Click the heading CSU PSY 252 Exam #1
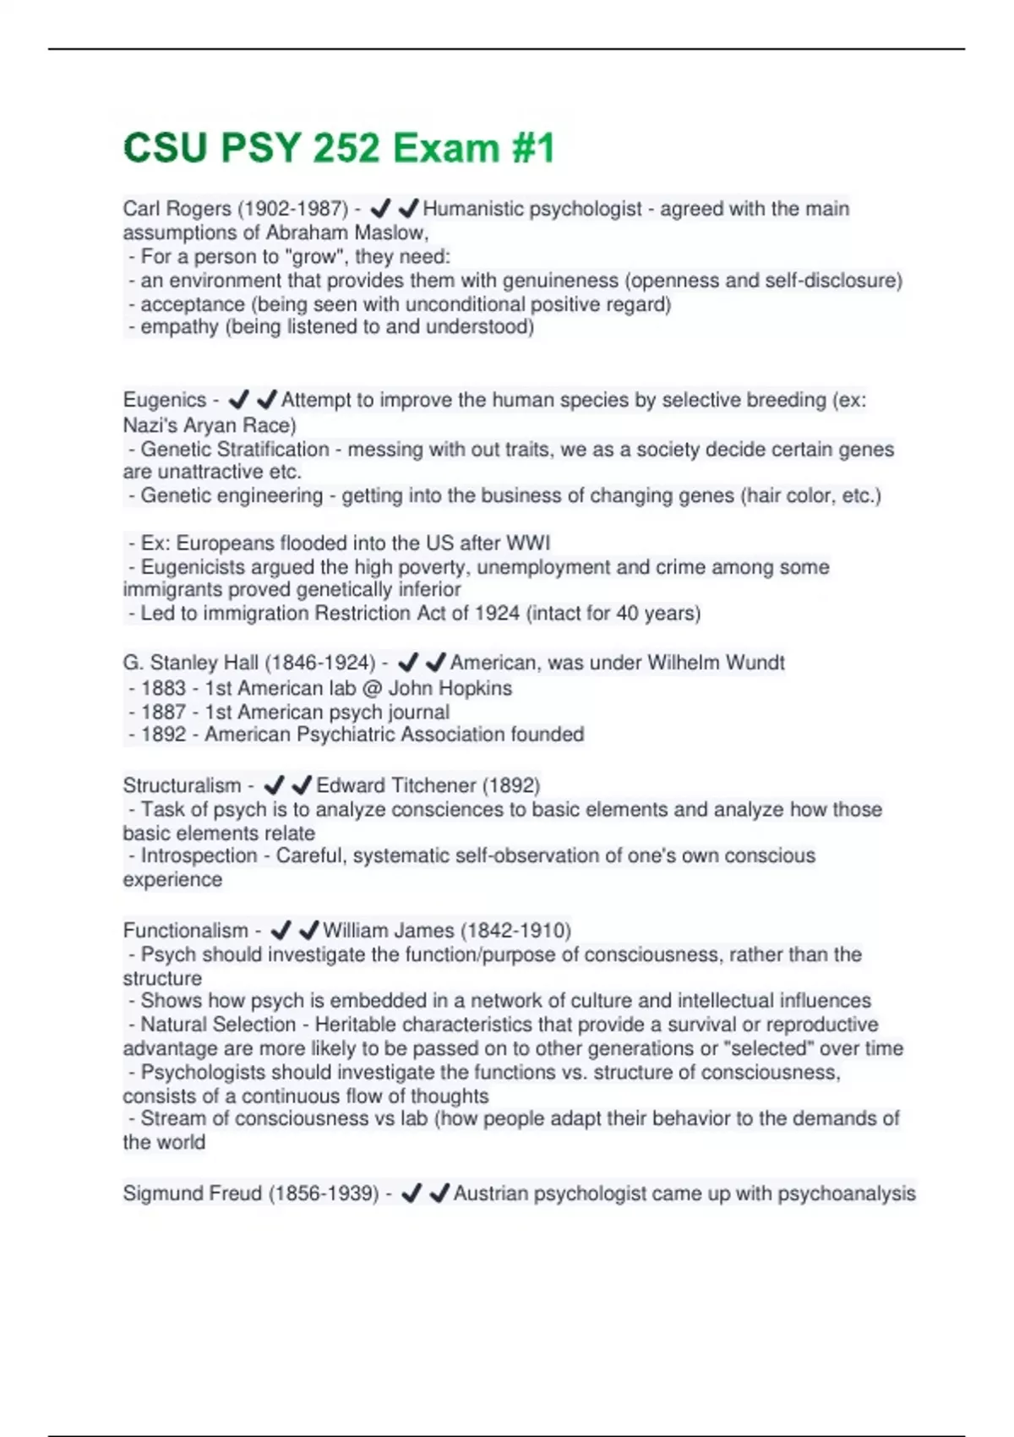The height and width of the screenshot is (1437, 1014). click(339, 148)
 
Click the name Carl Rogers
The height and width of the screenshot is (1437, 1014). click(177, 209)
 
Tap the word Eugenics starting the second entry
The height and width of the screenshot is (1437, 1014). click(165, 400)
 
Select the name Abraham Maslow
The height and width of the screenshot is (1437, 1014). click(346, 232)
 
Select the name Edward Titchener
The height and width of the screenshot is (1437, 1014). click(396, 785)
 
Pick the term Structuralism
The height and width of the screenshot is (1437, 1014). click(182, 785)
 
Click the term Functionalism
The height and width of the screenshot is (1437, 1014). click(185, 931)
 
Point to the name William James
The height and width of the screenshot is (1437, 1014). click(389, 931)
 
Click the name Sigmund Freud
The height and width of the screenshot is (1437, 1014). click(192, 1194)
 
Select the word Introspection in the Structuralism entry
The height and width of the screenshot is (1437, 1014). click(199, 855)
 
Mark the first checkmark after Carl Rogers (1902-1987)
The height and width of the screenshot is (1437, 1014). click(380, 208)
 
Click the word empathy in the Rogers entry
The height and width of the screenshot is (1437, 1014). click(179, 327)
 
